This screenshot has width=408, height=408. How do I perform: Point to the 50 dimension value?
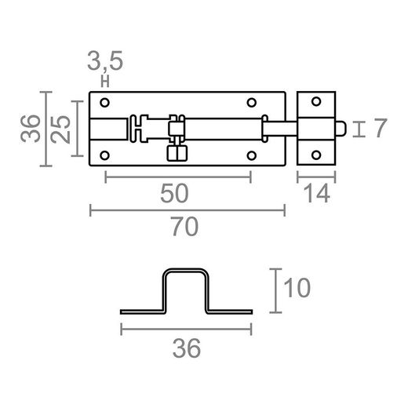click(176, 193)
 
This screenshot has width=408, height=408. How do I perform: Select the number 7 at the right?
click(379, 128)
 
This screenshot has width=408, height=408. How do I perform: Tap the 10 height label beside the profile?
click(299, 288)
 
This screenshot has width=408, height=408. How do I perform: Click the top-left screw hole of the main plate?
click(105, 102)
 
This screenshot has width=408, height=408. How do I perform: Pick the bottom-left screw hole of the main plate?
click(105, 154)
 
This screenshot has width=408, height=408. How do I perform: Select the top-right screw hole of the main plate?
click(252, 102)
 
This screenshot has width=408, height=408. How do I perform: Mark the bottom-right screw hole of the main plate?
click(252, 154)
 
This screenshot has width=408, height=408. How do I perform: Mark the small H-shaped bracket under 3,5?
click(104, 79)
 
